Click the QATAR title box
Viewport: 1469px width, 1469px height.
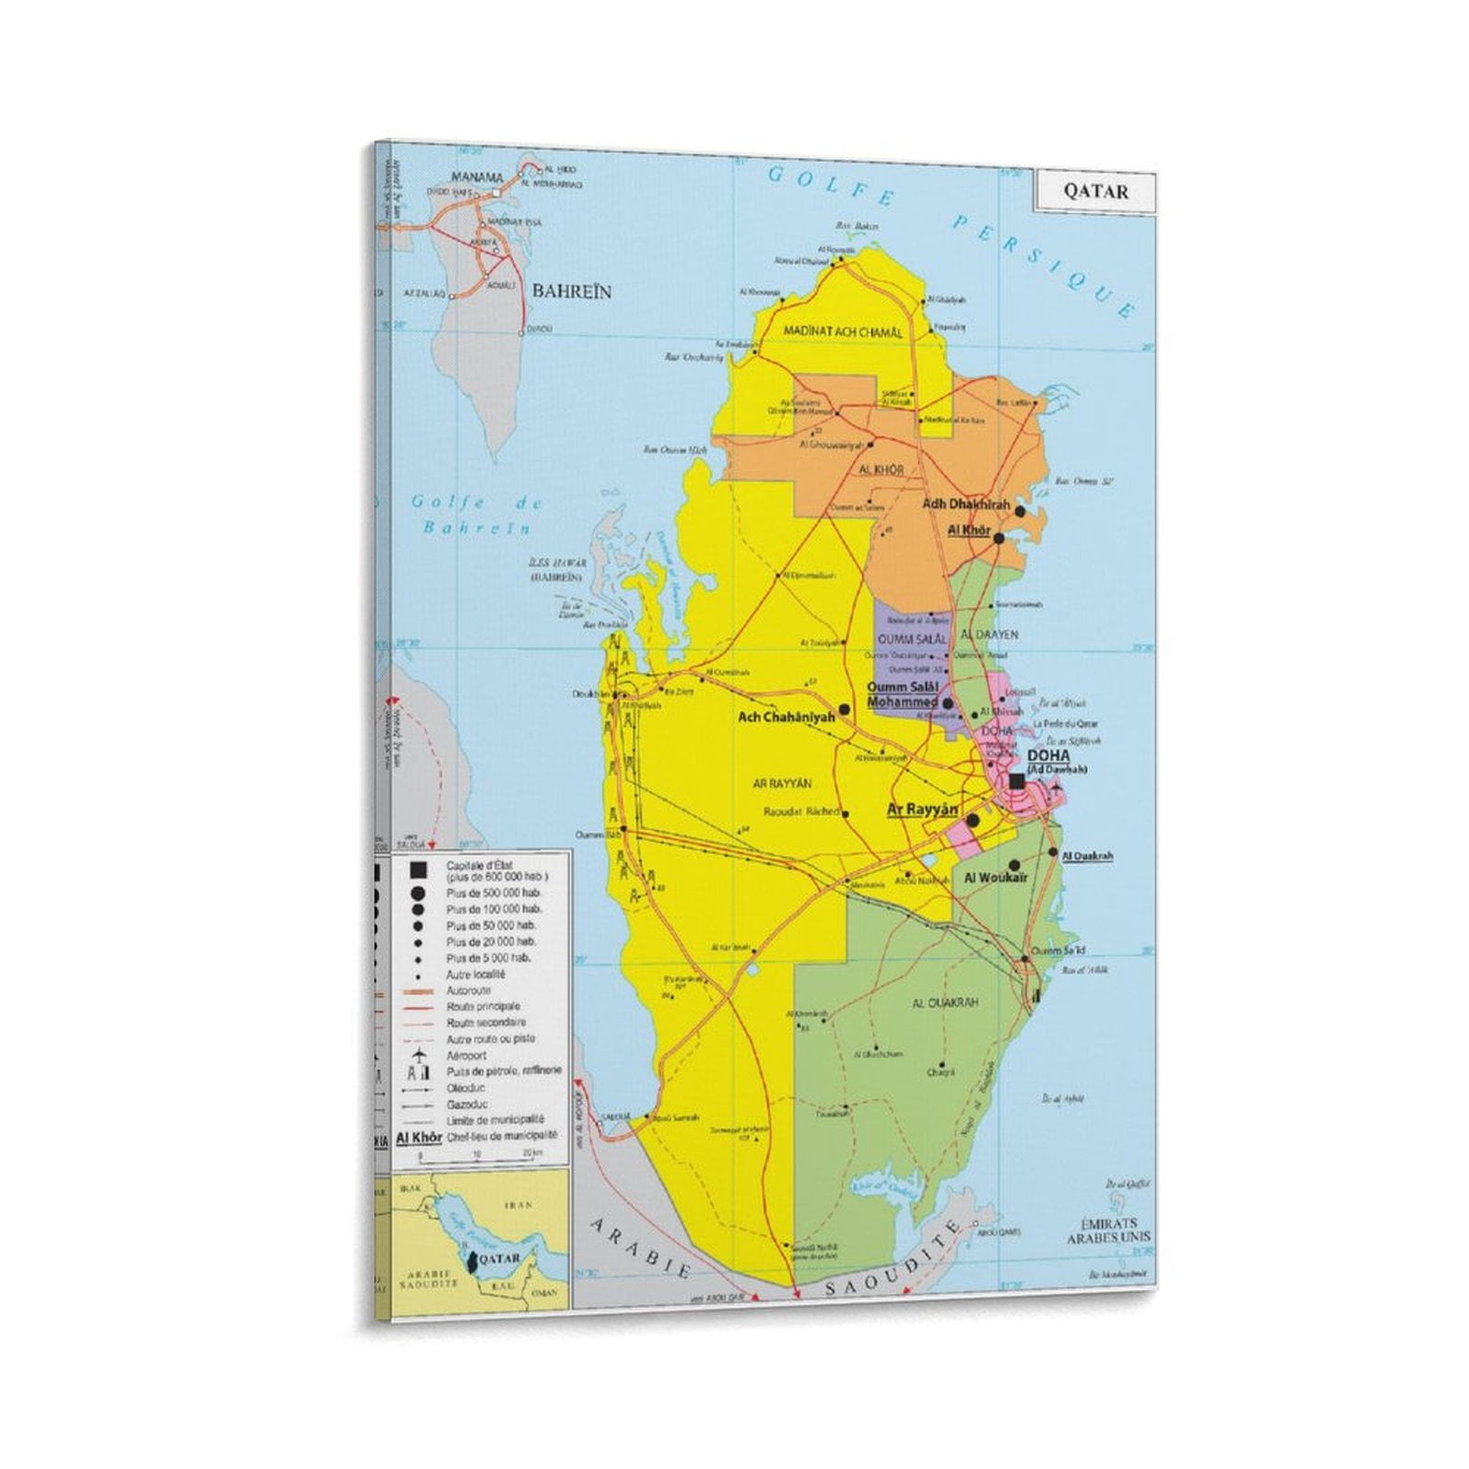pyautogui.click(x=1095, y=191)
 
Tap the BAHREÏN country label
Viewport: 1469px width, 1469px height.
pyautogui.click(x=572, y=291)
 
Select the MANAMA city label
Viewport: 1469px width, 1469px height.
pyautogui.click(x=477, y=177)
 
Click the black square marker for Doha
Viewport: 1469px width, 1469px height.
pyautogui.click(x=1016, y=780)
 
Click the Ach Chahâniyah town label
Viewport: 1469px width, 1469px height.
pyautogui.click(x=787, y=717)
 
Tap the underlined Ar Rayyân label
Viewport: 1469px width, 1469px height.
pyautogui.click(x=922, y=810)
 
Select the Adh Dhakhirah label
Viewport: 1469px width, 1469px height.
pyautogui.click(x=965, y=505)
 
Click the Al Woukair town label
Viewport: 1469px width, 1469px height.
pyautogui.click(x=995, y=878)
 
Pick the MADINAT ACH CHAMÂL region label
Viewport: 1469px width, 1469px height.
pyautogui.click(x=843, y=332)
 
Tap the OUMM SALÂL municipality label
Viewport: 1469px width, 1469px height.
pyautogui.click(x=912, y=638)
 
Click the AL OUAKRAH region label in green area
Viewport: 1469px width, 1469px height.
pyautogui.click(x=946, y=1003)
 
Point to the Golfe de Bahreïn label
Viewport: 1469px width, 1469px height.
pyautogui.click(x=477, y=515)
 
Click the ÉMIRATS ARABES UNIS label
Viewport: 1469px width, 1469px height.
pyautogui.click(x=1107, y=1230)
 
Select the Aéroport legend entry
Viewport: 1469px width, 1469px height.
pyautogui.click(x=466, y=1056)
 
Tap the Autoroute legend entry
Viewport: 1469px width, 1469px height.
pyautogui.click(x=468, y=991)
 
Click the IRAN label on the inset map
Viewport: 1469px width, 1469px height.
pyautogui.click(x=518, y=1205)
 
